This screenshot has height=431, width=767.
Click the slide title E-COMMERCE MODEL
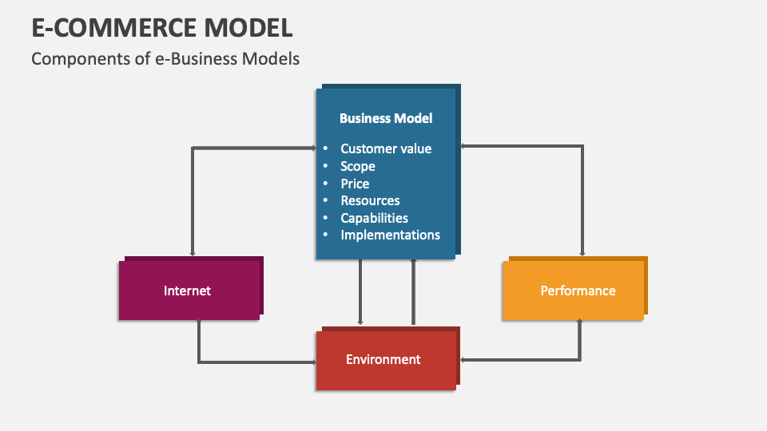(x=162, y=27)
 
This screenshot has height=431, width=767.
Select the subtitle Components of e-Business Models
(x=165, y=59)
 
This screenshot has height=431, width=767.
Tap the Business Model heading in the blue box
(x=386, y=118)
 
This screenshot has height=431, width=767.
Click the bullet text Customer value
(x=386, y=148)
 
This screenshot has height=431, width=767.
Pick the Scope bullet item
(x=357, y=166)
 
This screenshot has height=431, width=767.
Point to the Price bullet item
(x=355, y=184)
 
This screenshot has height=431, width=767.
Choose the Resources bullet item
(x=370, y=200)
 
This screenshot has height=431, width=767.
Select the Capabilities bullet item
(x=374, y=218)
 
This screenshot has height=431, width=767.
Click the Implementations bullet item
(x=390, y=235)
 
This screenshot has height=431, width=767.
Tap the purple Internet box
(x=189, y=291)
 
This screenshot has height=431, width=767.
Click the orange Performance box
(x=573, y=291)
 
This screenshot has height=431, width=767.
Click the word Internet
(x=187, y=291)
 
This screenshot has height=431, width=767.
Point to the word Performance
(x=578, y=291)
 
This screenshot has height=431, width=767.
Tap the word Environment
(x=383, y=359)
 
